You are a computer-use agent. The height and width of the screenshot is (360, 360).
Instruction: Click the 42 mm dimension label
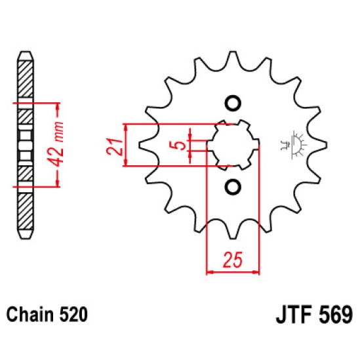(x=57, y=144)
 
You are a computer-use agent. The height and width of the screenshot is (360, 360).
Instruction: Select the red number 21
(x=115, y=147)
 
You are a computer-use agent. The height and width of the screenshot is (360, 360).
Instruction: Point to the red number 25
(x=233, y=260)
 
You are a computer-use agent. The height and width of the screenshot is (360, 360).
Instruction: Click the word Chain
(x=31, y=314)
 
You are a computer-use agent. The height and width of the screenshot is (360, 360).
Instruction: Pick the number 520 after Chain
(x=73, y=314)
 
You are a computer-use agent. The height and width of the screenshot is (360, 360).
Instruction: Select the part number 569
(x=335, y=314)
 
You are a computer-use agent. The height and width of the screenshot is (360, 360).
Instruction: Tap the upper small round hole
(x=233, y=103)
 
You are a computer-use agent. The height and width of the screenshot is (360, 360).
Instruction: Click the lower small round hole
(x=233, y=186)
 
